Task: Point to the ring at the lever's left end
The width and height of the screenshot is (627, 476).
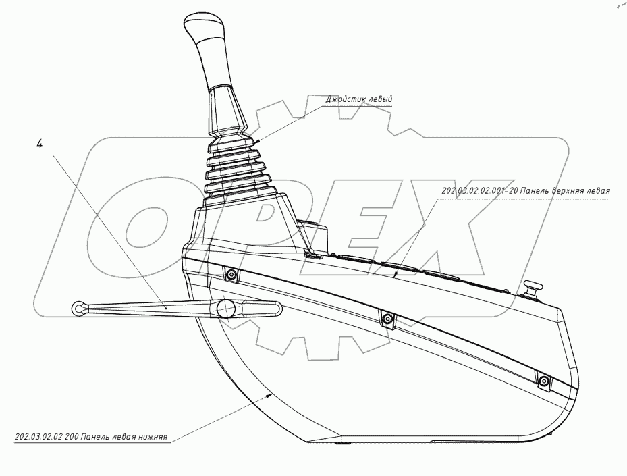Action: point(78,309)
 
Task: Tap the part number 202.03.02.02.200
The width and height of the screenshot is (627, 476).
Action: point(45,437)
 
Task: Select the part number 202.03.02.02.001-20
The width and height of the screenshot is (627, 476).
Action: point(479,191)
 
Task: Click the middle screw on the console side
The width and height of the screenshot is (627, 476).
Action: point(387,319)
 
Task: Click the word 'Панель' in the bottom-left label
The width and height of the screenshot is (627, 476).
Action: point(97,437)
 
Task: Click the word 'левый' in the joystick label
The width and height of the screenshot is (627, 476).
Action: point(380,99)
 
